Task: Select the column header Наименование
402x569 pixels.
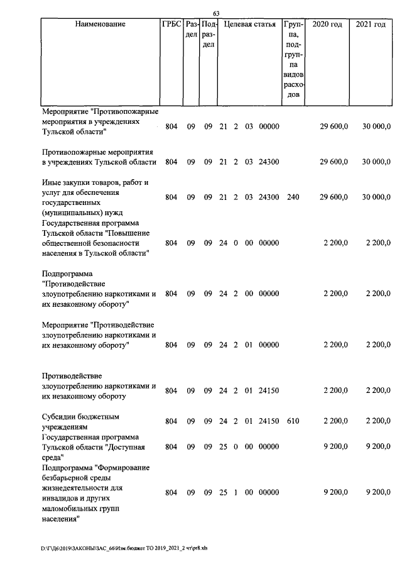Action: (100, 25)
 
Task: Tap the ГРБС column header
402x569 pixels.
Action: (171, 25)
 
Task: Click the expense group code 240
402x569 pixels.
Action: (292, 197)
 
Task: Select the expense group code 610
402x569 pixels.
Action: (292, 421)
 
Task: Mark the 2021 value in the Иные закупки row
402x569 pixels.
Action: (376, 197)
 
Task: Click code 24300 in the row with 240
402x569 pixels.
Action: (269, 197)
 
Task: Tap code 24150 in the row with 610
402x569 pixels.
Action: (269, 421)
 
